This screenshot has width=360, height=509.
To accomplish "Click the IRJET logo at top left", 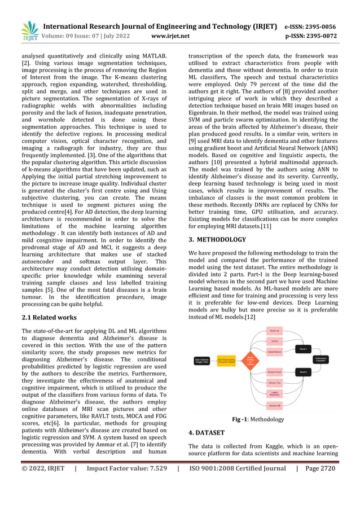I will coord(29,32).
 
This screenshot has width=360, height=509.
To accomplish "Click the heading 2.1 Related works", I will coord(49,317).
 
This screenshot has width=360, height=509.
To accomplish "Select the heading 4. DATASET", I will coord(206,432).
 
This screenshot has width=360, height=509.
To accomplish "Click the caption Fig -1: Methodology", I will coord(258,419).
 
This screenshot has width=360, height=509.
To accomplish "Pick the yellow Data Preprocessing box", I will coord(226,359).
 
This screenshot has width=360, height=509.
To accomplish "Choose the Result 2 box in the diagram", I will coord(302,372).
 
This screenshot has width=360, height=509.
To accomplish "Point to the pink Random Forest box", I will coord(274,372).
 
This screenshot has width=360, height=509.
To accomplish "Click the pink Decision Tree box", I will coord(274,383).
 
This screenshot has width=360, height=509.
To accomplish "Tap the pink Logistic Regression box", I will coord(274,394).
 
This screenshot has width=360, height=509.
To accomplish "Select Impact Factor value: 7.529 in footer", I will coord(127,468).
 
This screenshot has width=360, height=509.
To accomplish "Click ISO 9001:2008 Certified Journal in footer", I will coord(237,468).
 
